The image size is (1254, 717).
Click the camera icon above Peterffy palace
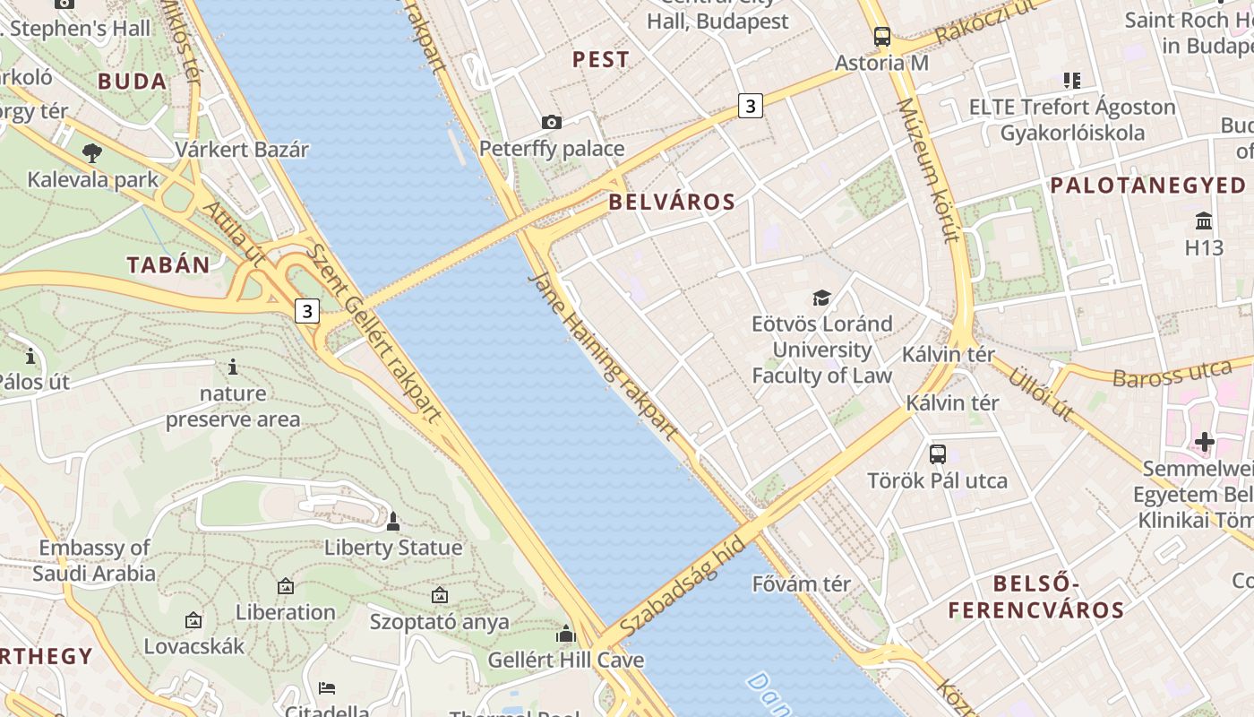point(552,122)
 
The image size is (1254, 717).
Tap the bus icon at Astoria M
point(882,37)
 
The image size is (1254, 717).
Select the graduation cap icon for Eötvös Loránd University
point(821,298)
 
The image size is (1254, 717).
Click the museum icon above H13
point(1204,220)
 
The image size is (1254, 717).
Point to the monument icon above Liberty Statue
point(392,521)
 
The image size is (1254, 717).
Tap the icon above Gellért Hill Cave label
point(565,635)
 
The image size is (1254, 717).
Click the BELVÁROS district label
point(672,203)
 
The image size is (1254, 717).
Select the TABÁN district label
point(168,265)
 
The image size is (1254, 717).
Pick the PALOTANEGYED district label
point(1147,186)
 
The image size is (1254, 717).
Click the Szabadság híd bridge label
point(670,587)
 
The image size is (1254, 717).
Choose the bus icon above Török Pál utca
point(937,454)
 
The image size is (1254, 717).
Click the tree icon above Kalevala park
point(91,153)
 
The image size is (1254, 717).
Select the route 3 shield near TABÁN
point(307,311)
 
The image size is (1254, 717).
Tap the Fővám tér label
point(801,584)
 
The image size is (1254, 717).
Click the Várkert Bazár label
point(242,150)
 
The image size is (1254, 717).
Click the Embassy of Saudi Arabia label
point(95,560)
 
